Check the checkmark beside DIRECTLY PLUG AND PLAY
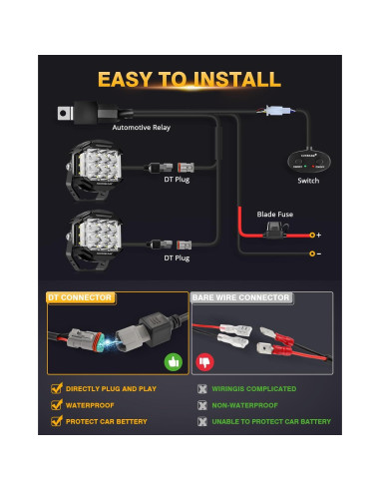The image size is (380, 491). (x=56, y=388)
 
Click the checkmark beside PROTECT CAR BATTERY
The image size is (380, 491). (x=56, y=422)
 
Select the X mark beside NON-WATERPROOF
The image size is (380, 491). (x=202, y=405)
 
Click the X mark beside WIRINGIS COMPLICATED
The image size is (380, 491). (x=202, y=388)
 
